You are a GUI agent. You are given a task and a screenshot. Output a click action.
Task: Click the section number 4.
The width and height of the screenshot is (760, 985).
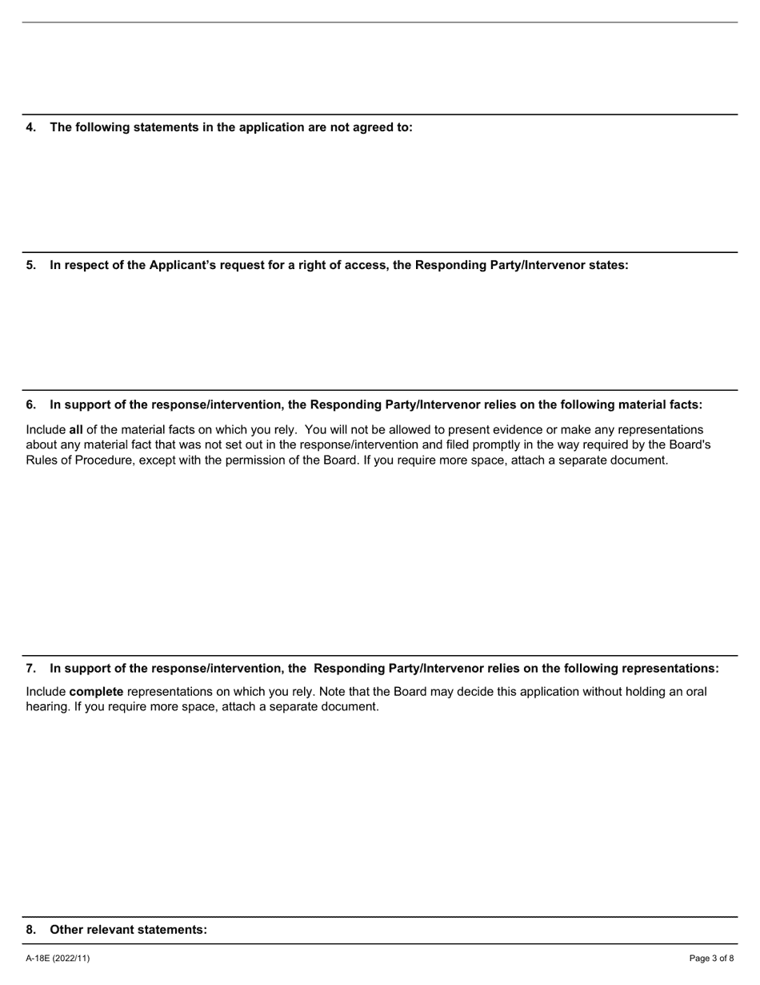[x=30, y=127]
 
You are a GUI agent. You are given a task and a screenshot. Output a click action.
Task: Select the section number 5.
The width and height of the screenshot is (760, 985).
[x=30, y=265]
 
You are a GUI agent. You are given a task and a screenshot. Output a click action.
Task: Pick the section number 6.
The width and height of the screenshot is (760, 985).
[x=30, y=404]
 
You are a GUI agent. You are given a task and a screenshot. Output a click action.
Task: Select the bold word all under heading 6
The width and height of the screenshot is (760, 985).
[x=76, y=430]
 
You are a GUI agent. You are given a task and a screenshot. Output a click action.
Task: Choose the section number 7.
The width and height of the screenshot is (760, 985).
[x=30, y=669]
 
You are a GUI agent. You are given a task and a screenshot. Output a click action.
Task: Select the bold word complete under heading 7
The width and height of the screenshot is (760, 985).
[x=96, y=692]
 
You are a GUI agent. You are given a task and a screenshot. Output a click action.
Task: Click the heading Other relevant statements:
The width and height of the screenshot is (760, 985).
[x=128, y=930]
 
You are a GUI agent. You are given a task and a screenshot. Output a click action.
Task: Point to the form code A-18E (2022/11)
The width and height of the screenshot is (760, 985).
[x=58, y=959]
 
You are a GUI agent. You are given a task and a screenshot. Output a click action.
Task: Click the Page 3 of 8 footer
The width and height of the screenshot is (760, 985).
[x=711, y=959]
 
